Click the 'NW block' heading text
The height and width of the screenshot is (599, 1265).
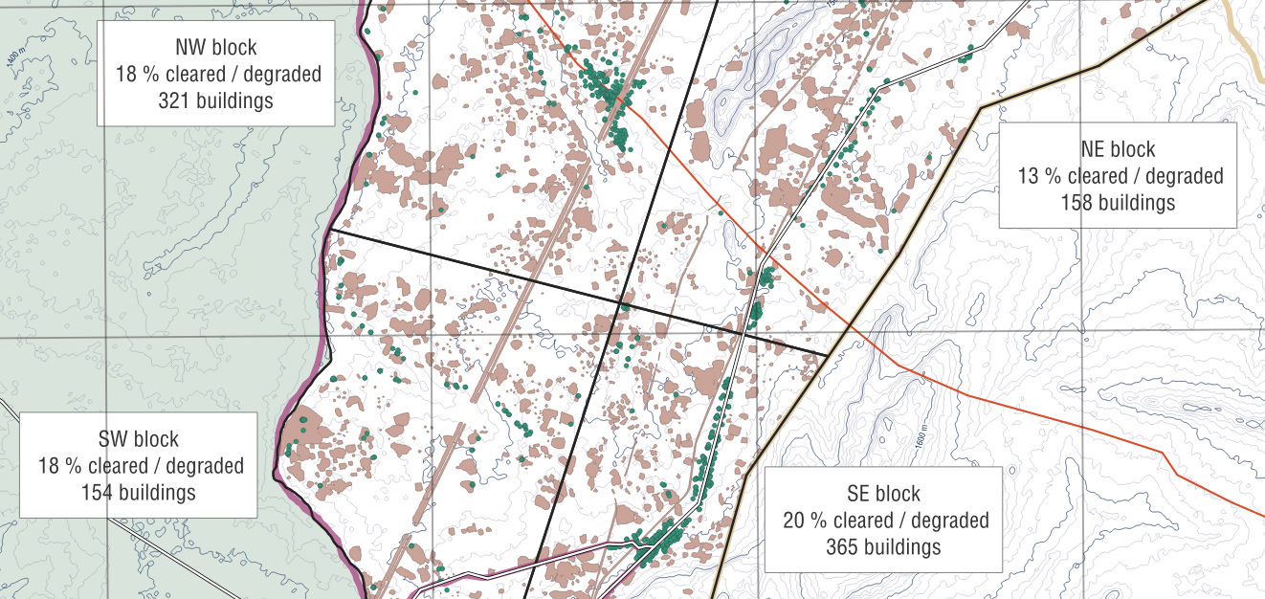click(x=216, y=47)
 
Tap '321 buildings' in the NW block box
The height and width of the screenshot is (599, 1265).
click(x=216, y=100)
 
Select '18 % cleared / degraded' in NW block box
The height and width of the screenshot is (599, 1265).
click(x=218, y=74)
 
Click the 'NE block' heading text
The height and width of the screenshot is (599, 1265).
click(x=1118, y=149)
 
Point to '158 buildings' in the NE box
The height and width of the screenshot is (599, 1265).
click(x=1118, y=202)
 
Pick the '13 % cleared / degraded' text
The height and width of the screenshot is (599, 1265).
click(x=1120, y=176)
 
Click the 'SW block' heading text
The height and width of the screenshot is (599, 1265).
click(x=139, y=439)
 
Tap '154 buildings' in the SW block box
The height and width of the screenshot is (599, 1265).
click(x=139, y=492)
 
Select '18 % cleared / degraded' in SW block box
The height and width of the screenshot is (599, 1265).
click(x=141, y=466)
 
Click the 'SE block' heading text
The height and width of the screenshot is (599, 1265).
click(x=883, y=494)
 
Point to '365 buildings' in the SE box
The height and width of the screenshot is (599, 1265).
click(x=883, y=547)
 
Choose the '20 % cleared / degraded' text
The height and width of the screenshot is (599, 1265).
click(x=885, y=521)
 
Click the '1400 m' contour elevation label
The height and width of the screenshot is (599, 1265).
click(x=11, y=57)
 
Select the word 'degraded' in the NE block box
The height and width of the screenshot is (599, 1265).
click(x=1184, y=176)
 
